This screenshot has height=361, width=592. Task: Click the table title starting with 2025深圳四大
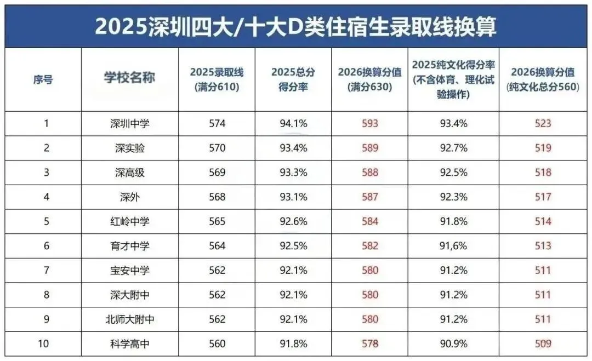coord(296,26)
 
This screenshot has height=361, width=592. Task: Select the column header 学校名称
coord(129,77)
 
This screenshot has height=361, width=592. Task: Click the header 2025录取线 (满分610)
coord(217,79)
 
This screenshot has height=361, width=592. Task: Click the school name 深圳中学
coord(129,123)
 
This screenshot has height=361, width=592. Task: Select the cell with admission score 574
coord(217,123)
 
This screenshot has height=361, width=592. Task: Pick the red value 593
coord(370,123)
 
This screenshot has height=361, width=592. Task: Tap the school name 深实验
coord(129,148)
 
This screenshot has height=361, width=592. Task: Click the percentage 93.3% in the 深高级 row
coord(293,173)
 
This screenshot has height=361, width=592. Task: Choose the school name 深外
coord(129,197)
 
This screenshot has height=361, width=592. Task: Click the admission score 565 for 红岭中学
coord(217,221)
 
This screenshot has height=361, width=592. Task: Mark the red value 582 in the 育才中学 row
coord(370,246)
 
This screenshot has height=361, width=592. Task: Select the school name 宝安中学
coord(129,270)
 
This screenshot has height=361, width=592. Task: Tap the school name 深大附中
coord(129,295)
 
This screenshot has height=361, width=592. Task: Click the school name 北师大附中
coord(129,319)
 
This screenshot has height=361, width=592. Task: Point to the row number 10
coord(46,343)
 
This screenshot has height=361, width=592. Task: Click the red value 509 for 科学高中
coord(543,343)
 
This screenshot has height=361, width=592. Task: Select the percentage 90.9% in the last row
coord(454,343)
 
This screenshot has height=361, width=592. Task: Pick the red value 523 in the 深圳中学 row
coord(543,123)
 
